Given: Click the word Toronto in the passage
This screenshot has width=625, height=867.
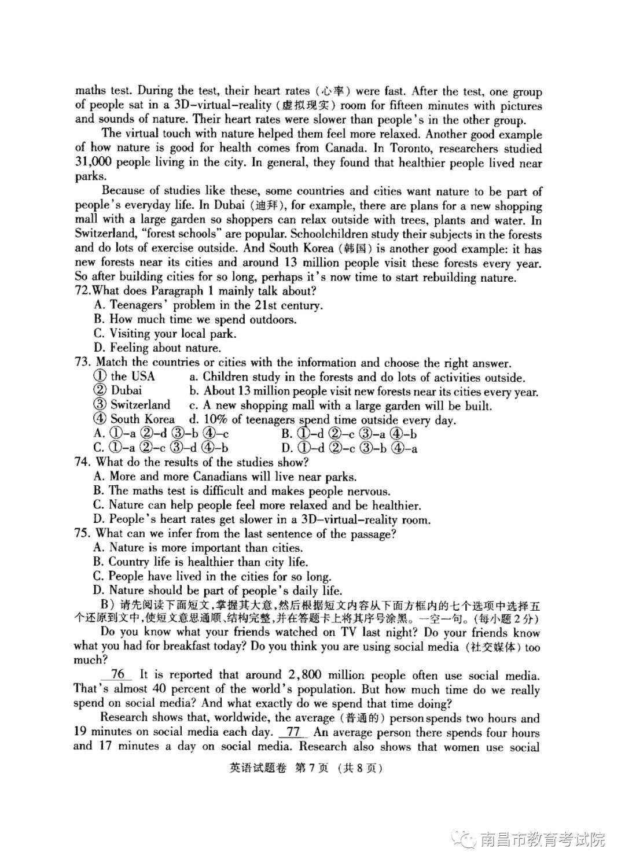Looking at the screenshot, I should [411, 148].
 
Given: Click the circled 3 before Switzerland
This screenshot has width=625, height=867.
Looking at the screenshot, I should [100, 405].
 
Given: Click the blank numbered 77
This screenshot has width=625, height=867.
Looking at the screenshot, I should [293, 732].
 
